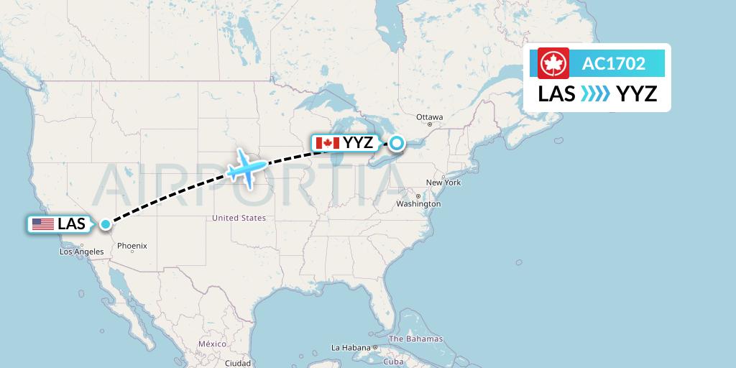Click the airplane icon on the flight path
coord(245,169)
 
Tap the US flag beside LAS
coord(43,224)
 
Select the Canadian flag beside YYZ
coord(328,143)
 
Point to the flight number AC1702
coord(613,64)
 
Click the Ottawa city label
coord(430,117)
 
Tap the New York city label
coord(443,183)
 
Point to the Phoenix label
coord(132,246)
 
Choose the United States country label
coord(239,218)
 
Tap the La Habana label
coord(350,348)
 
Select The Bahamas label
coord(415,339)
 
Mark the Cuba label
coord(392,361)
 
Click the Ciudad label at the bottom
coord(238,364)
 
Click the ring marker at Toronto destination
coord(396,143)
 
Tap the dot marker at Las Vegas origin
coord(106,224)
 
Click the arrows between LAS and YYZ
coord(596,93)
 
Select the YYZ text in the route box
coord(638,93)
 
